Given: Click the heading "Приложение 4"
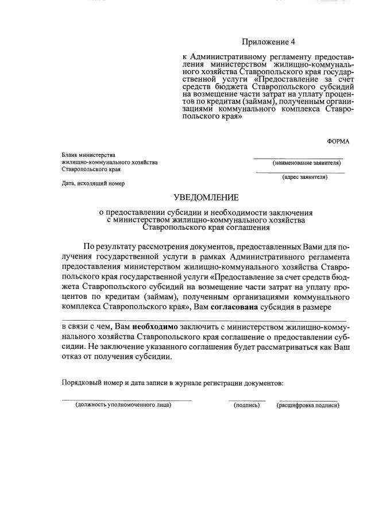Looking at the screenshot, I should tap(268, 42).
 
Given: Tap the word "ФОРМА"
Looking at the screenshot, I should tap(338, 141).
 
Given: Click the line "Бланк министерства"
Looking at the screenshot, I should tap(89, 155).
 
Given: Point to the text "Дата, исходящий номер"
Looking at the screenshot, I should tap(94, 184).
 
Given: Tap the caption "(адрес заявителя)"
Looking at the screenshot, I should tap(304, 177).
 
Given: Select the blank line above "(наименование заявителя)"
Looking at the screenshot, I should tap(299, 158).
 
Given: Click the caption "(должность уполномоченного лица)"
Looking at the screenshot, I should tap(123, 405).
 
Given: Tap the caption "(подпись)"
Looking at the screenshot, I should tap(247, 405).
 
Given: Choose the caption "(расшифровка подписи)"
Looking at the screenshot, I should tap(308, 405).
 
